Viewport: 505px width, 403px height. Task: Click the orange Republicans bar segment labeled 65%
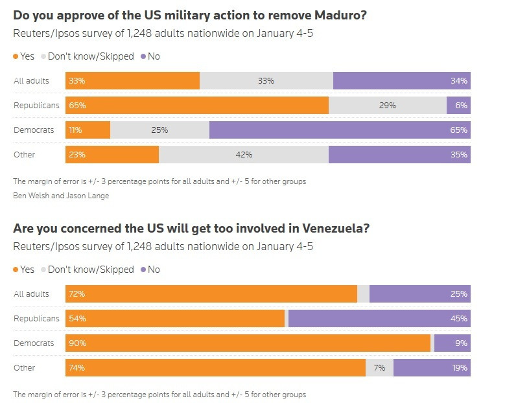coord(197,105)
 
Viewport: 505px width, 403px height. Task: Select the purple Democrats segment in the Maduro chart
coord(340,130)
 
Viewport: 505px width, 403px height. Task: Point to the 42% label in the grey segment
coord(244,155)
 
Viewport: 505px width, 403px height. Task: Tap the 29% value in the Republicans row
coord(388,105)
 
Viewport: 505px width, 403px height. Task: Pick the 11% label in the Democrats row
coord(75,130)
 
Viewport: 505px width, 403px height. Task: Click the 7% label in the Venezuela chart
coord(379,368)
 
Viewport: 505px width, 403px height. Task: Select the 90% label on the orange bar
coord(77,343)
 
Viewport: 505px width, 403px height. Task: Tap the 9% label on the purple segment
coord(461,343)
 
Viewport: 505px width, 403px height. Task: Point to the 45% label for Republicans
coord(459,319)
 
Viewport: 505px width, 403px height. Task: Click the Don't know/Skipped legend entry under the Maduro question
coord(88,56)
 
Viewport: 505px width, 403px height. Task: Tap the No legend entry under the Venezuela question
coord(150,270)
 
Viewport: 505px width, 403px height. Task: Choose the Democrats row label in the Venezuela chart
coord(34,343)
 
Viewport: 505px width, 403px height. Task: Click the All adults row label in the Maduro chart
coord(31,80)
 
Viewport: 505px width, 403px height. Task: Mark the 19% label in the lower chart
coord(460,368)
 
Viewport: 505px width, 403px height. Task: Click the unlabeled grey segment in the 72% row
coord(363,294)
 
